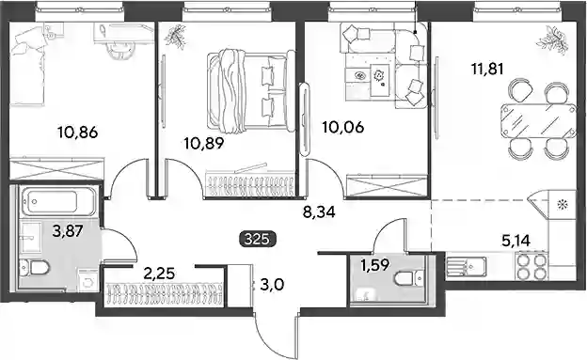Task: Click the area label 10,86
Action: click(77, 133)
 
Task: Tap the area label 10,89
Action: click(204, 143)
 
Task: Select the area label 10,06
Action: click(343, 128)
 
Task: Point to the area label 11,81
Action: click(487, 69)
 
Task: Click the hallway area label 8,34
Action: click(319, 212)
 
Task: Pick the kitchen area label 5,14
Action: click(516, 241)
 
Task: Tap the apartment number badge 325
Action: click(257, 239)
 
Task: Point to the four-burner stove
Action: click(531, 266)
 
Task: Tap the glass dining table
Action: click(539, 121)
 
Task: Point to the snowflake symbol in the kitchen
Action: click(562, 205)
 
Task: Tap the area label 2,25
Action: click(159, 274)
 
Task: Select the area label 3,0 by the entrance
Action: click(272, 286)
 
